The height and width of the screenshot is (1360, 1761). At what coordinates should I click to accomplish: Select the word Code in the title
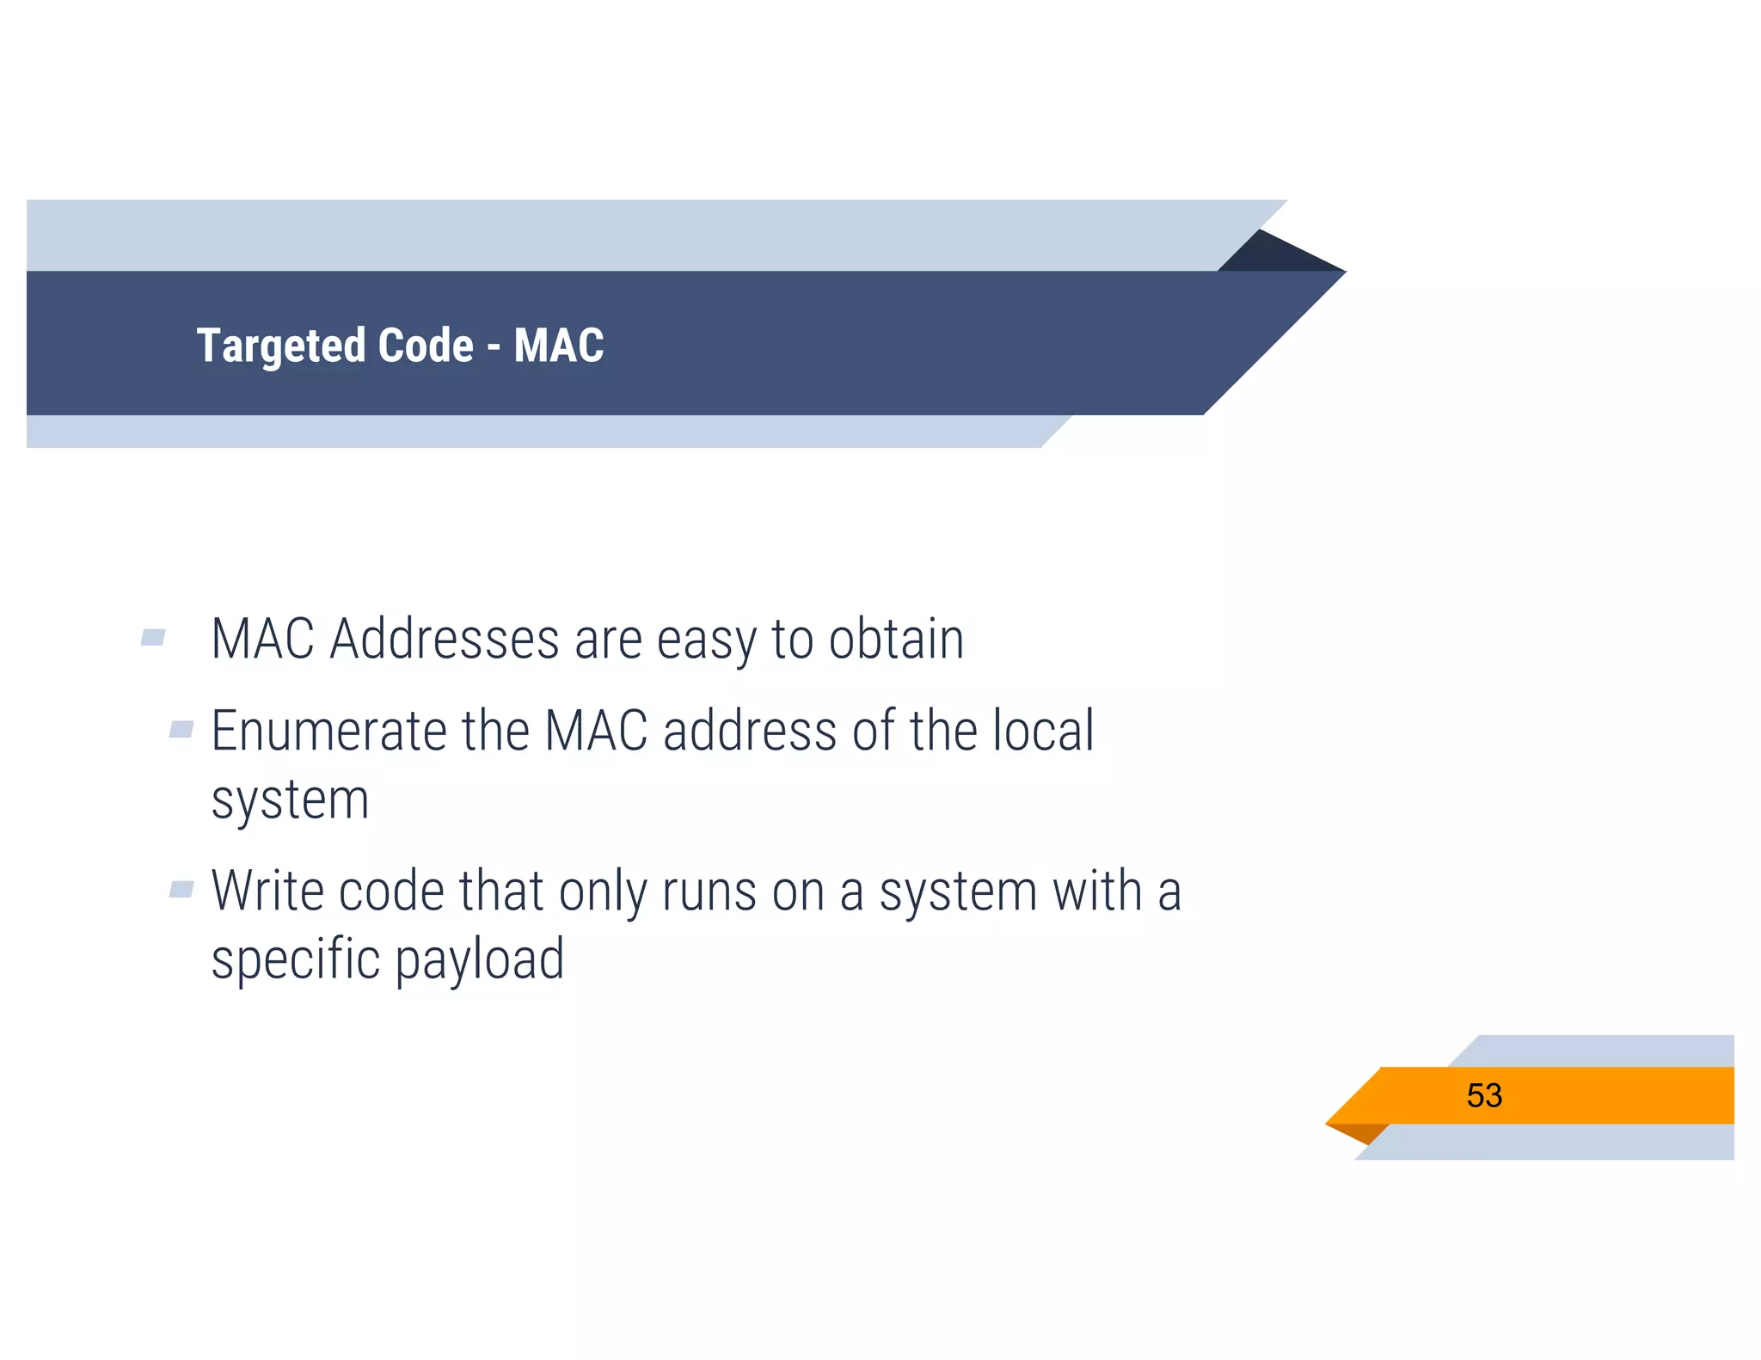click(426, 346)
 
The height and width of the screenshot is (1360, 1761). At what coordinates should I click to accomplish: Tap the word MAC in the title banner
click(559, 346)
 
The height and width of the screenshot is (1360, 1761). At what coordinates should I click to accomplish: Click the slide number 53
click(1484, 1095)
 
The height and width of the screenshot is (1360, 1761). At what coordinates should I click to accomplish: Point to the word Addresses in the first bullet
click(445, 640)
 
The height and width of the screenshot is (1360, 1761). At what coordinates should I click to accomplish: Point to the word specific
click(295, 959)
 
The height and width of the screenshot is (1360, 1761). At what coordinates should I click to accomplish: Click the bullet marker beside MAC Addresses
click(153, 637)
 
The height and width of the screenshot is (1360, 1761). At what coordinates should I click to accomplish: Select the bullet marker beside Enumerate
click(181, 730)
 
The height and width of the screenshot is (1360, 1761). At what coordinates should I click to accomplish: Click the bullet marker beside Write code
click(181, 889)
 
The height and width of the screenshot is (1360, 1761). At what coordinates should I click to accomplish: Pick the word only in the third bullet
click(603, 892)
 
